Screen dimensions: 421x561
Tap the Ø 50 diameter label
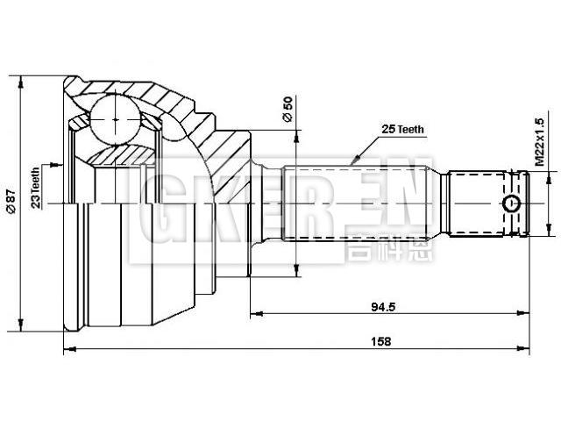click(x=287, y=111)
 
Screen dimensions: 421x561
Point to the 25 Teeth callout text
click(x=402, y=129)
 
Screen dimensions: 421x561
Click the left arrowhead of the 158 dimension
click(x=69, y=350)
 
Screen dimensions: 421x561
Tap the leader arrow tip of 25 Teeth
click(x=351, y=164)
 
